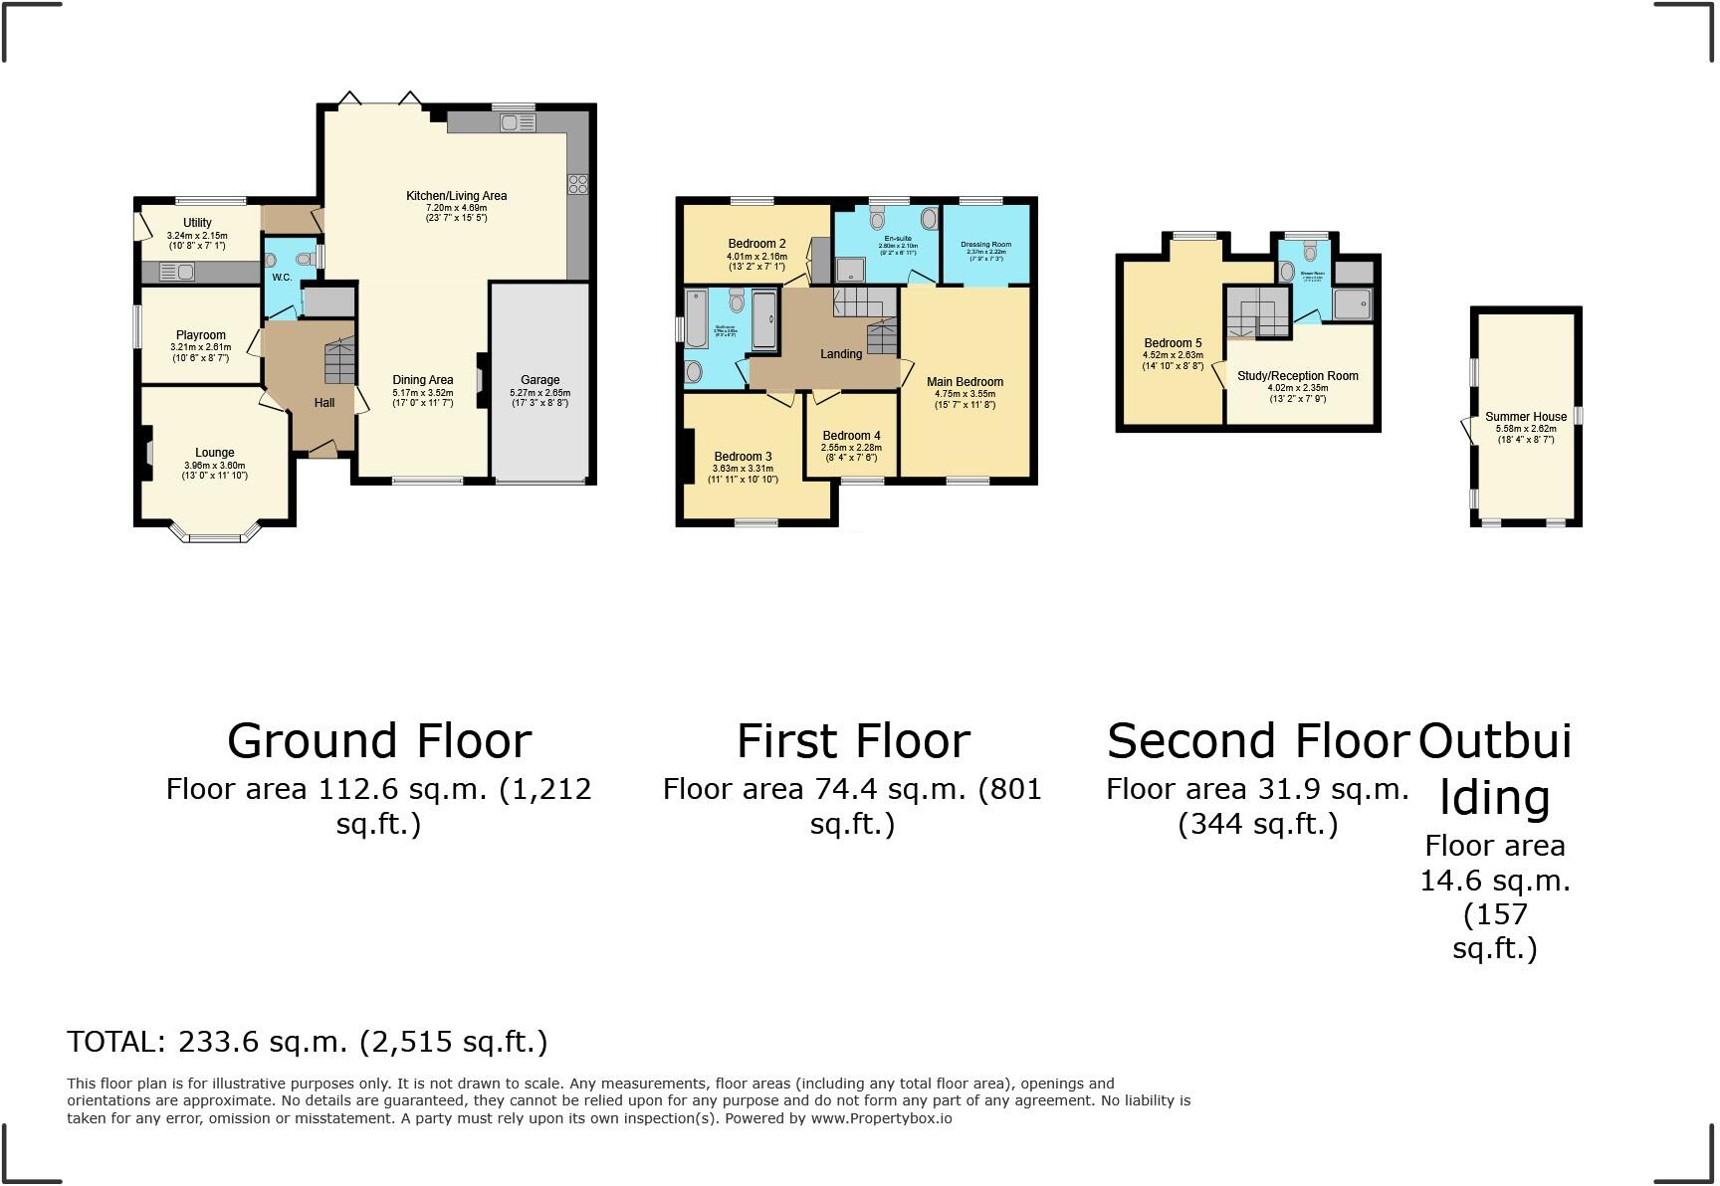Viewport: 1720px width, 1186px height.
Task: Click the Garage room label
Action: (540, 379)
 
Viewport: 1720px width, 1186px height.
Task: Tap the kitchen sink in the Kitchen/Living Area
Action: (518, 123)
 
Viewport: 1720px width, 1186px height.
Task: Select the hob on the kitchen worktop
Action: (577, 183)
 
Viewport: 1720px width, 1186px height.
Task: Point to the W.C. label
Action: (282, 278)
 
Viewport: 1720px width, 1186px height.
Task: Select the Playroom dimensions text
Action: (200, 352)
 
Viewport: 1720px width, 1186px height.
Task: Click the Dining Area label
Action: (422, 379)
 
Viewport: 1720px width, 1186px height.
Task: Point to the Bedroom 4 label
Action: (851, 435)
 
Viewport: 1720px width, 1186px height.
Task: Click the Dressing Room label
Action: (985, 244)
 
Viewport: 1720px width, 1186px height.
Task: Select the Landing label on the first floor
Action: (841, 354)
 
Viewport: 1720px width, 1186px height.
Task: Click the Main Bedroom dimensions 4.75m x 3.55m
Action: (965, 393)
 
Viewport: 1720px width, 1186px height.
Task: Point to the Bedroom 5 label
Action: (1173, 342)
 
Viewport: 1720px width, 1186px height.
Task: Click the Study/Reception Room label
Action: (1297, 376)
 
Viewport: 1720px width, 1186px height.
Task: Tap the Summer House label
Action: (1526, 417)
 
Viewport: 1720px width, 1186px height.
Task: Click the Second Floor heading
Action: (1258, 741)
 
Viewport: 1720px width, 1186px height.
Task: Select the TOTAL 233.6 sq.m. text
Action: (307, 1042)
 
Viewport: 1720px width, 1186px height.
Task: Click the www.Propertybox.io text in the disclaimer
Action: (881, 1118)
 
